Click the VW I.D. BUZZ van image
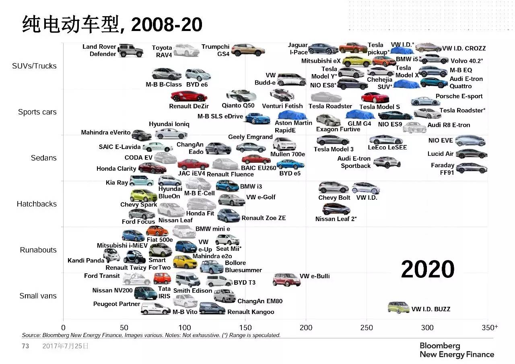pos(398,307)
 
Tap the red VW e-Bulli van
pos(286,279)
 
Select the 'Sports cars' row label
pos(37,112)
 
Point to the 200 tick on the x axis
pos(306,327)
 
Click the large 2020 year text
pos(428,269)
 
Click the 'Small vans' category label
pos(38,296)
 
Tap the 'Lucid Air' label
pos(441,154)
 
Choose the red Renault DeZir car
pos(189,97)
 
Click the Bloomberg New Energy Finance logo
pos(457,350)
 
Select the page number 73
pos(25,346)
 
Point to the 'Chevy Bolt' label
pos(334,198)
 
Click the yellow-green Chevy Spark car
pos(143,196)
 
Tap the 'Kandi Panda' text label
pos(86,261)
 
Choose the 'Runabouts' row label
pos(38,250)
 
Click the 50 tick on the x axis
pos(124,327)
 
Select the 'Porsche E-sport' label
pos(459,96)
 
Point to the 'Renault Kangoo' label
pos(251,312)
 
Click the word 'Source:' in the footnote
pos(31,335)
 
